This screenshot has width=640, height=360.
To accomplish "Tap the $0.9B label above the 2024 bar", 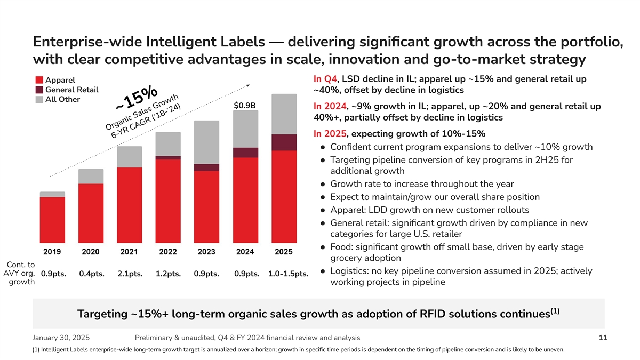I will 245,105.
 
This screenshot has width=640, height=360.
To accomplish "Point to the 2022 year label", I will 168,251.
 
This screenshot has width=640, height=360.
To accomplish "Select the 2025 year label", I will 284,251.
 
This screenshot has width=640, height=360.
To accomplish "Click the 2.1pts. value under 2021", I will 130,274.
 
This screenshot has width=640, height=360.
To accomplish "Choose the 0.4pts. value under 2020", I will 91,274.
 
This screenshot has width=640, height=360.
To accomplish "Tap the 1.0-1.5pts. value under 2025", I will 289,274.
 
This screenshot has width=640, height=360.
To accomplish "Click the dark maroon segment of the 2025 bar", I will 284,142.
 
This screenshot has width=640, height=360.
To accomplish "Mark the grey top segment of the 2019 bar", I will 52,194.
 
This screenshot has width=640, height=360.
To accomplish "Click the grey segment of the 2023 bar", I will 206,142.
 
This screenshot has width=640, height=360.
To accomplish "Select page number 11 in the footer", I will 603,338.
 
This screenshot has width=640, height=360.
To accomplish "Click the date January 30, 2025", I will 61,338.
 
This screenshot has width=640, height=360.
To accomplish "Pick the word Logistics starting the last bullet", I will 350,271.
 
